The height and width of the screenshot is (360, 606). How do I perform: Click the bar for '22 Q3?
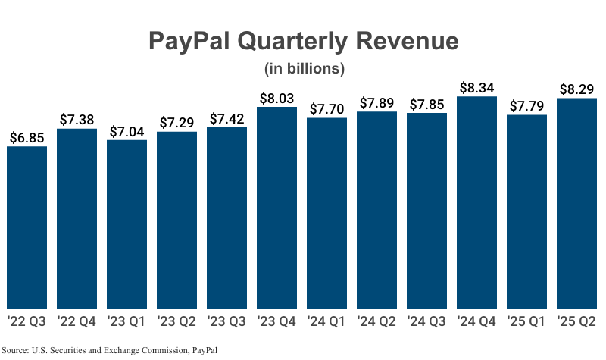(27, 227)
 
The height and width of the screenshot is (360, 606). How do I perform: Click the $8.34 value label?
(476, 88)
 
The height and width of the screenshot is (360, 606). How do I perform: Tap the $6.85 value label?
(27, 138)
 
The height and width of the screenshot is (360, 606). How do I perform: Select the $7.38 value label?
(77, 120)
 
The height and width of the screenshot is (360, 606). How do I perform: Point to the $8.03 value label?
(276, 98)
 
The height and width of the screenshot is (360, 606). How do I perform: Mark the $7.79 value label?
(526, 106)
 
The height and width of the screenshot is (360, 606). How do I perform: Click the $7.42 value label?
(226, 118)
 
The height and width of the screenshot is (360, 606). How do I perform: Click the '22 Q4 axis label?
(77, 321)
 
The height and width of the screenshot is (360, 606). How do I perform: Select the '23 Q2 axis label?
(176, 321)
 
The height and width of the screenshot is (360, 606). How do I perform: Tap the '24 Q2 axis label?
(376, 321)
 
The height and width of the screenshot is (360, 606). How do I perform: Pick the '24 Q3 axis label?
(426, 321)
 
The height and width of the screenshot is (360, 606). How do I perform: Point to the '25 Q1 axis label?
(526, 321)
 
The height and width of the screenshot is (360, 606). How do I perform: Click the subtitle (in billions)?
(304, 68)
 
